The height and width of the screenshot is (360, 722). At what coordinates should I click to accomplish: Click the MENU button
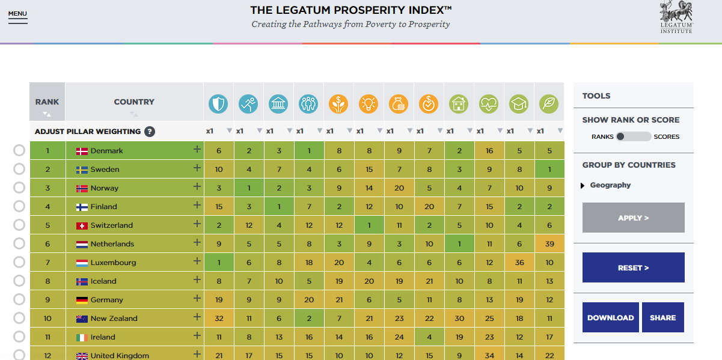pos(17,16)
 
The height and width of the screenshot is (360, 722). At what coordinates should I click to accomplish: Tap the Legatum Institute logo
pos(676,17)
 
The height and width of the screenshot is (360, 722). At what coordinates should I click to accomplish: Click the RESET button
pos(633,267)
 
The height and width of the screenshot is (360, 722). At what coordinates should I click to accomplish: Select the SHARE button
pos(662,317)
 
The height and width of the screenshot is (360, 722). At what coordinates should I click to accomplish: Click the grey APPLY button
pos(633,218)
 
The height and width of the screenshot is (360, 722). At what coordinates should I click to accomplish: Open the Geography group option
pos(610,185)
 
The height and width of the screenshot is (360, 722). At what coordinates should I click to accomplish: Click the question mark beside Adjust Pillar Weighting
pos(150,132)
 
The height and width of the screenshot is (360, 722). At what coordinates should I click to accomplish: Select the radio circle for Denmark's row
pos(19,151)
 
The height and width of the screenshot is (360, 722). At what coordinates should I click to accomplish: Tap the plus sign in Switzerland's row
pos(197,224)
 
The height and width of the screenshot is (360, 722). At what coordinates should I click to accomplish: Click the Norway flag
pos(82,188)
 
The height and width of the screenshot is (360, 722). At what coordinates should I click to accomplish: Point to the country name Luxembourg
pos(113,263)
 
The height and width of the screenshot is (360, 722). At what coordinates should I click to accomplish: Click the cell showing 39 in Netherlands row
pos(549,244)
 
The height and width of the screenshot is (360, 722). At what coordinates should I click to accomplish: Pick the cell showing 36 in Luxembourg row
pos(519,263)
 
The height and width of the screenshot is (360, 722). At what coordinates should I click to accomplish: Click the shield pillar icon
pos(218,104)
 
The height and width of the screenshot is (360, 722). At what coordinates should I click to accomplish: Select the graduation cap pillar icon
pos(519,104)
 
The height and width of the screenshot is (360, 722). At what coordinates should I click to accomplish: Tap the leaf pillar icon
pos(549,104)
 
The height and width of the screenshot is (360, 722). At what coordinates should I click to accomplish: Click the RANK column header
pos(47,102)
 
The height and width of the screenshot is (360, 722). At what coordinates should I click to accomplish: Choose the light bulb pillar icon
pos(369,104)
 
